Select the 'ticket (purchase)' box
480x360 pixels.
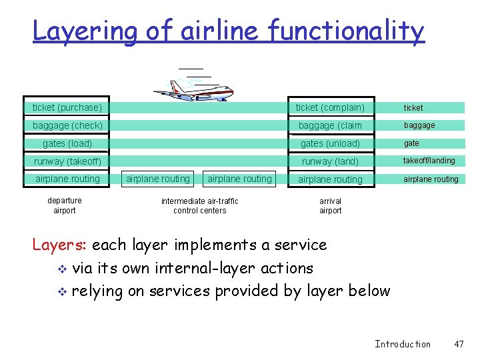click(x=67, y=107)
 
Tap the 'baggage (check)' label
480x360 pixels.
click(x=67, y=125)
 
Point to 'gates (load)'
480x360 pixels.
click(x=67, y=143)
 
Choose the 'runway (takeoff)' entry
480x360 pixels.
click(x=67, y=161)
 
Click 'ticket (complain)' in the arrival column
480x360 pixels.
click(x=330, y=107)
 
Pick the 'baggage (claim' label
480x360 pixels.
click(x=330, y=125)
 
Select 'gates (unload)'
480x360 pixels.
click(x=330, y=143)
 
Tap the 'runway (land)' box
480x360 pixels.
click(x=330, y=161)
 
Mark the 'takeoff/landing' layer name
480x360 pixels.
click(x=429, y=161)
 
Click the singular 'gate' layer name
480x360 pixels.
click(x=411, y=143)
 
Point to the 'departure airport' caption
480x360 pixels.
click(x=65, y=205)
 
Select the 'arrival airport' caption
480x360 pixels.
click(x=330, y=205)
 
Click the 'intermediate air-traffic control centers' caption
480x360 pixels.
click(x=199, y=205)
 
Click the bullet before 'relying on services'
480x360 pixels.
click(x=62, y=292)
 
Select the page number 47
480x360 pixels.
click(x=458, y=344)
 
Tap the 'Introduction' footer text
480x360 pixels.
click(x=403, y=344)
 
